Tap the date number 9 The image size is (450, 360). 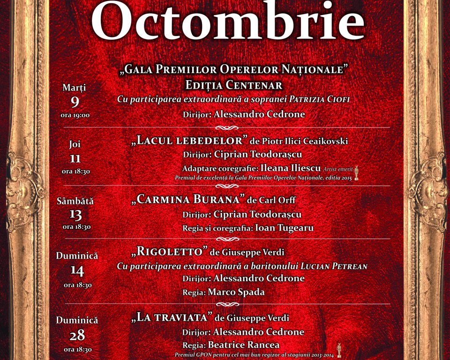click(75, 101)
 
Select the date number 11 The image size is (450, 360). click(75, 158)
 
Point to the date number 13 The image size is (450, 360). click(75, 215)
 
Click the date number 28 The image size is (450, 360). click(77, 336)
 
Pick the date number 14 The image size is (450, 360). click(77, 271)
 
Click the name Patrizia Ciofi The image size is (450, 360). click(319, 99)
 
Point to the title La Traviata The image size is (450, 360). click(172, 317)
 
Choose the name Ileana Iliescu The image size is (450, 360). click(291, 168)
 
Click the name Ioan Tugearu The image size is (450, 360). click(284, 228)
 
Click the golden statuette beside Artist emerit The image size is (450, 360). click(356, 172)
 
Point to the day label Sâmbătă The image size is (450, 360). click(75, 201)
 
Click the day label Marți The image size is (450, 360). click(75, 88)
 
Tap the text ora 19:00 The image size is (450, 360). click(75, 115)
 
